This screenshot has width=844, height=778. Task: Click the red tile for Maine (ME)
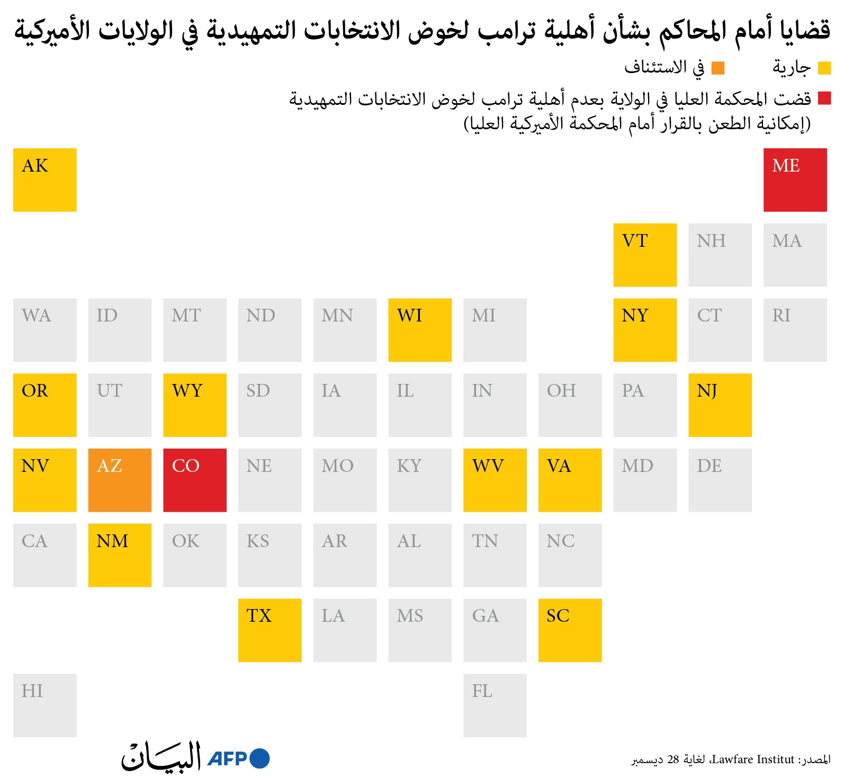[x=795, y=180]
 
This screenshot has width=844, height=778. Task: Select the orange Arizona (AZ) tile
[x=120, y=480]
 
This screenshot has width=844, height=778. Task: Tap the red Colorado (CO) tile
[x=195, y=480]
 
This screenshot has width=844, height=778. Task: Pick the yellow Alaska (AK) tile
[x=45, y=180]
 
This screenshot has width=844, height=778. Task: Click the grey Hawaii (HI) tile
[x=45, y=705]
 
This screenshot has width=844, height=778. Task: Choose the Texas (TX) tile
[x=270, y=630]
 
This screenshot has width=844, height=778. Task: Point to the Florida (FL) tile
[x=495, y=705]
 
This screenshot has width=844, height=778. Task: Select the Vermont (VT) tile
[x=645, y=255]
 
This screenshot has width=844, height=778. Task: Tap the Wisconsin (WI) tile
[x=420, y=330]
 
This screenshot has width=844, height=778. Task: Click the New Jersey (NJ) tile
[x=720, y=405]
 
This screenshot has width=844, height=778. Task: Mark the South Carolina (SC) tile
[x=570, y=630]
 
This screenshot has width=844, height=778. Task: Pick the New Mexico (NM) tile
[x=120, y=555]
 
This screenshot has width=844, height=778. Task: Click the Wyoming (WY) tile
[x=195, y=405]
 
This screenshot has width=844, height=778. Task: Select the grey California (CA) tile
[x=45, y=555]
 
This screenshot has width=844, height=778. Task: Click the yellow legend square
[x=824, y=68]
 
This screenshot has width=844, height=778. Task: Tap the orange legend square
[x=718, y=68]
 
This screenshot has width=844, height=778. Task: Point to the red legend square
[x=824, y=98]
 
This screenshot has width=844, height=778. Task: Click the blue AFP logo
[x=239, y=758]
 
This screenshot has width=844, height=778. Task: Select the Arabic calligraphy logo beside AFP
[x=161, y=756]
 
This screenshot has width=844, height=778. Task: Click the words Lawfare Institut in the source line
[x=753, y=759]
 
